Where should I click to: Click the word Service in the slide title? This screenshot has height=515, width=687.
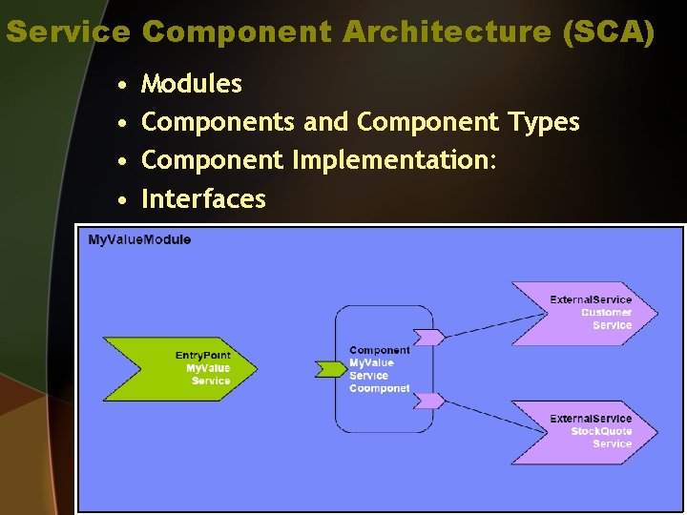68,32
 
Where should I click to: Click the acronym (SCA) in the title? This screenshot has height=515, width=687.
609,32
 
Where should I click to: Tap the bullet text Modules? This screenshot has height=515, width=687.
191,84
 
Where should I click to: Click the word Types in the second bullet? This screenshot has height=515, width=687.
543,122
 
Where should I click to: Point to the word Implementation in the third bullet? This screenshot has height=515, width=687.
394,160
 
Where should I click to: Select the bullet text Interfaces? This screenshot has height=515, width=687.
203,198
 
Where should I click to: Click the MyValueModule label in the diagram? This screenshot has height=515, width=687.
139,239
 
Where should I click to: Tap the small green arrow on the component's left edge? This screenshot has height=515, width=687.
329,368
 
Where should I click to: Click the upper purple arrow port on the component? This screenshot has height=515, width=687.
428,337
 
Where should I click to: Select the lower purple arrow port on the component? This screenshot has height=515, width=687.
428,401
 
